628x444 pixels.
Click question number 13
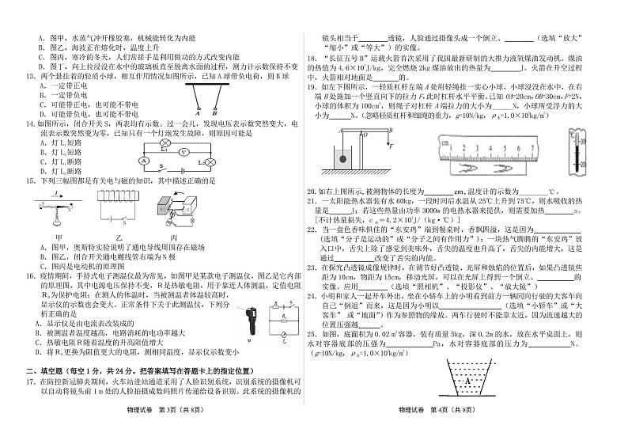click(x=27, y=76)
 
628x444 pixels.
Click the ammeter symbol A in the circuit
click(x=145, y=161)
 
